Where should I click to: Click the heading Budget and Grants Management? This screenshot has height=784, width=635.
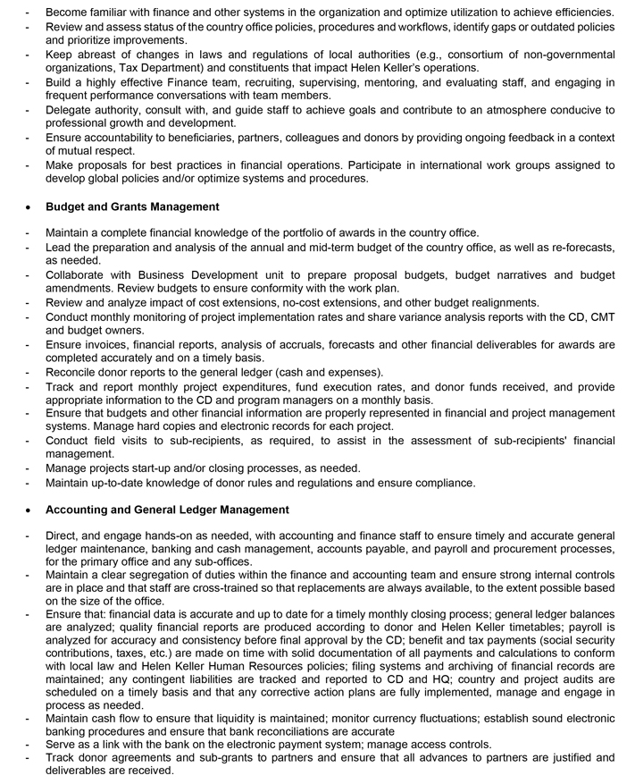coord(132,207)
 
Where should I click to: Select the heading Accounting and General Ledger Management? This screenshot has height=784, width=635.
coord(167,510)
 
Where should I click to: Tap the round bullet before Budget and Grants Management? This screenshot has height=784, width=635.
coord(29,207)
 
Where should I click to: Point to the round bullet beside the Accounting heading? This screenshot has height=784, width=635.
coord(29,510)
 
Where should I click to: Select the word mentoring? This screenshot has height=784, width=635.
coord(386,83)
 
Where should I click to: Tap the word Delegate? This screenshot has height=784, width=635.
coord(71,110)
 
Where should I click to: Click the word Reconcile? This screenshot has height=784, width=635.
coord(75,372)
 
